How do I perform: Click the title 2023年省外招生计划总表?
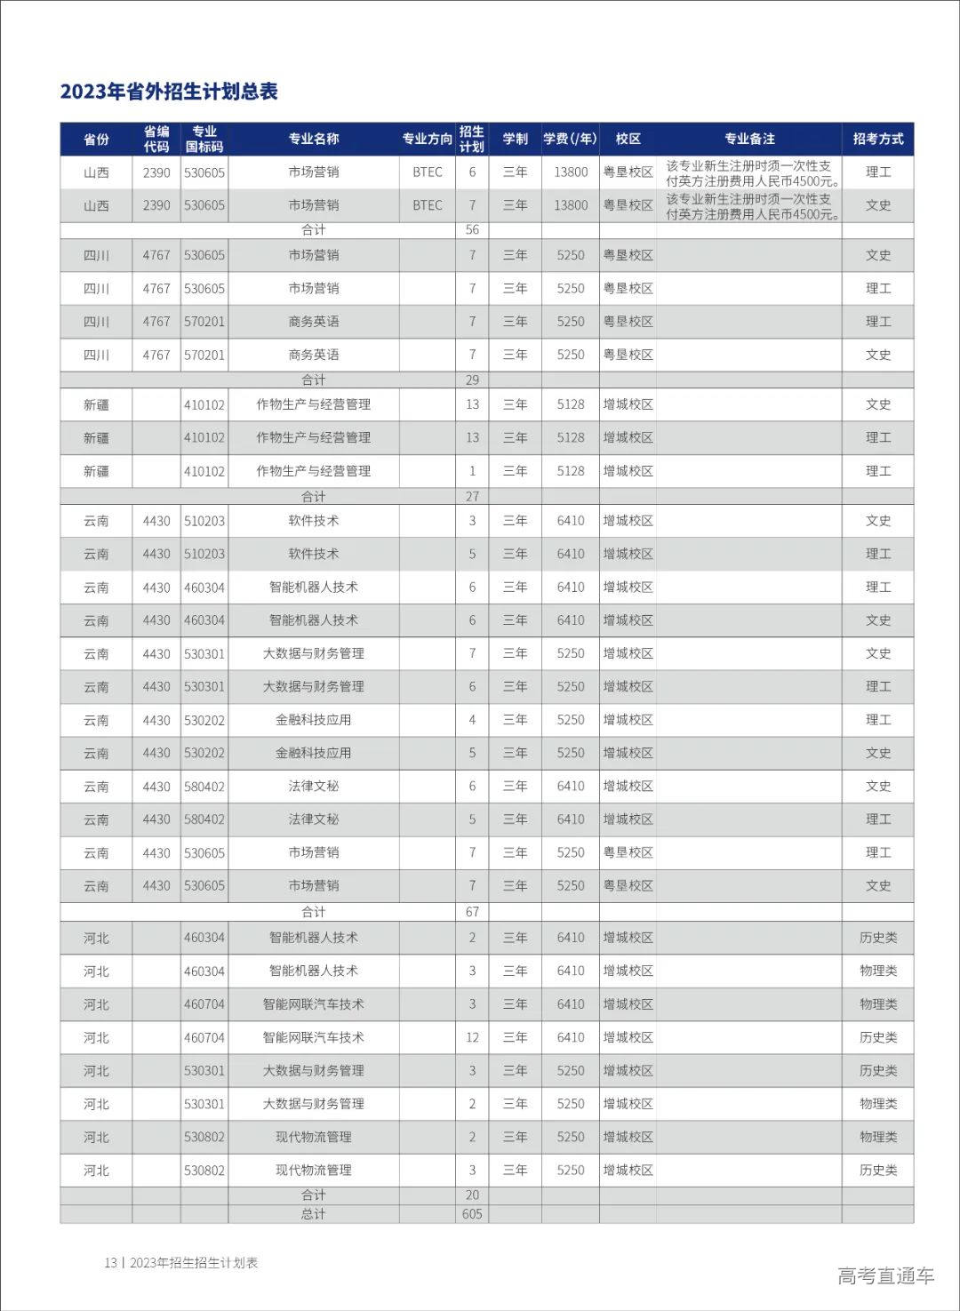(169, 92)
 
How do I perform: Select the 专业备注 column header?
(748, 139)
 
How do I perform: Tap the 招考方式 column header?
(877, 139)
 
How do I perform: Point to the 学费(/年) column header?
(570, 139)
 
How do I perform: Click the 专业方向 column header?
(427, 139)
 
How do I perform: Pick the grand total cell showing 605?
(472, 1213)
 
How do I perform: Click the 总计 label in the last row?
(313, 1213)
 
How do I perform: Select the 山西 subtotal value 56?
(472, 229)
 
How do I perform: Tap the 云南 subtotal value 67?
(472, 912)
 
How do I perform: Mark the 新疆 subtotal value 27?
(472, 496)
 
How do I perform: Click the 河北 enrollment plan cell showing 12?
(472, 1037)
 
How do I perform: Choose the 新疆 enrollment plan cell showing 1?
(472, 471)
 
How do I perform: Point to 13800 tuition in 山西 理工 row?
(570, 172)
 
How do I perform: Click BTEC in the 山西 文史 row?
(427, 205)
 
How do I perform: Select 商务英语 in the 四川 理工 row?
(313, 322)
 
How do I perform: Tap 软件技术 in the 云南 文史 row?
(313, 521)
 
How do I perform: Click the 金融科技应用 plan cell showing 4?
(472, 720)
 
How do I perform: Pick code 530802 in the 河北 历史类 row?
(204, 1171)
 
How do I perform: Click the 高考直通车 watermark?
(885, 1275)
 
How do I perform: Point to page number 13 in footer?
(110, 1263)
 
